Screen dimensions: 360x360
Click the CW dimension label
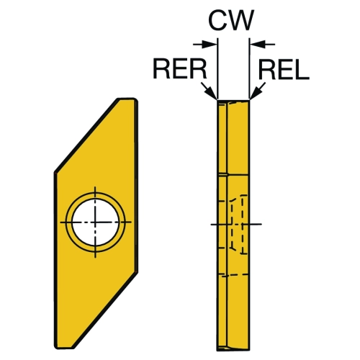pos(231,20)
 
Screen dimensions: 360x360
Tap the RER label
pos(180,69)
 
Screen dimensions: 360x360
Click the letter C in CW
pos(217,20)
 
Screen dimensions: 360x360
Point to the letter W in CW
pos(240,20)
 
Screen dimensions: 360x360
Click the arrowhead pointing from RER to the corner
pos(212,94)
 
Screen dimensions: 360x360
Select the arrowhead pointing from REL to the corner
pos(255,94)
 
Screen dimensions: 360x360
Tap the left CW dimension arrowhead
pos(210,44)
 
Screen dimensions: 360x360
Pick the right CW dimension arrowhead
pos(257,44)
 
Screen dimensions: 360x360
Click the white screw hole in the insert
pos(96,222)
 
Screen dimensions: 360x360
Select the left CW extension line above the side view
pos(217,68)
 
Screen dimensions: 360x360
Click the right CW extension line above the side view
pos(250,68)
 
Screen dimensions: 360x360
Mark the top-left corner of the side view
pos(217,100)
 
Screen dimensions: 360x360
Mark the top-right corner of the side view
pos(249,100)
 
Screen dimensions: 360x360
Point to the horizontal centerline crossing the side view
pos(236,225)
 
